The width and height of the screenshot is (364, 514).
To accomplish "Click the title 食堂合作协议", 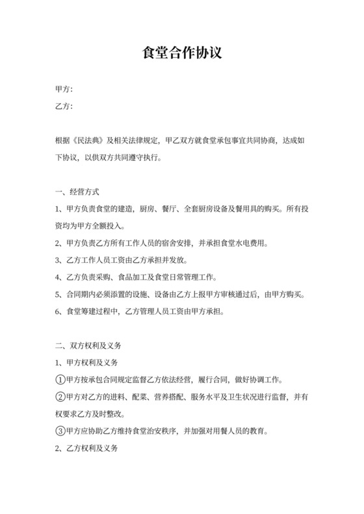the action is [182, 53].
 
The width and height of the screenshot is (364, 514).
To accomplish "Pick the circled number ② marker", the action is [60, 397].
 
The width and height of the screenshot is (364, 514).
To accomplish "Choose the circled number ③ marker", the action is [60, 431].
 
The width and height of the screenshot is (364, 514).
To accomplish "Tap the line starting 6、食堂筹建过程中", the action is [140, 312].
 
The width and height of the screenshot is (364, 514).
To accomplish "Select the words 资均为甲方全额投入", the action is [90, 226].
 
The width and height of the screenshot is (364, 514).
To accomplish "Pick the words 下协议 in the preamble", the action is [68, 157].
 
